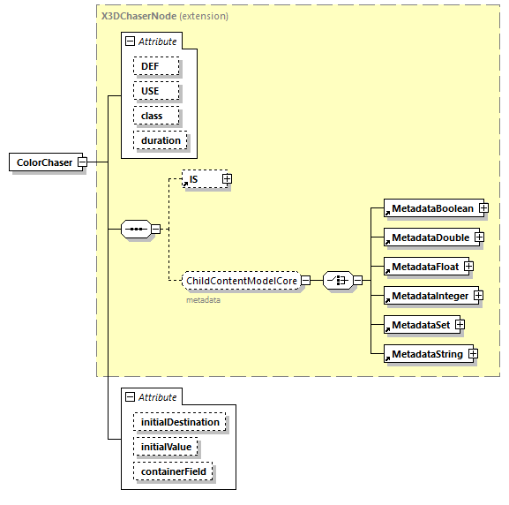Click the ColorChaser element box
(44, 162)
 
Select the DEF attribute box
(156, 66)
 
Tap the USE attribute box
(156, 91)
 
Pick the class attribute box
(156, 116)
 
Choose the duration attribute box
(161, 140)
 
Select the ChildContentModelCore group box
(240, 281)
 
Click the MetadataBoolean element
(431, 209)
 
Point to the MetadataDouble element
(429, 237)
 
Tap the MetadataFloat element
(424, 267)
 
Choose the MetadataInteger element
(429, 296)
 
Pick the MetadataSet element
(420, 325)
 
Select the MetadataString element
(426, 354)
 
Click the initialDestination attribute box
(180, 422)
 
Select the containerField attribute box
(173, 472)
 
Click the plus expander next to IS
(227, 179)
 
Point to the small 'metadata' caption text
(203, 300)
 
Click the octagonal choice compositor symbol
(337, 281)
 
